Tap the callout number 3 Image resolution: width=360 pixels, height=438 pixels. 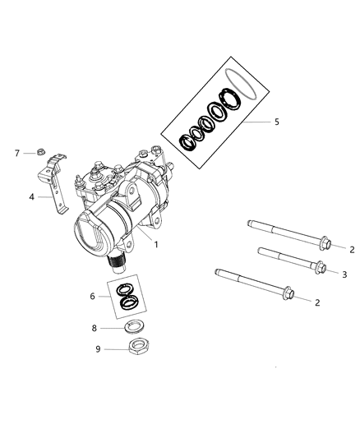pyautogui.click(x=345, y=274)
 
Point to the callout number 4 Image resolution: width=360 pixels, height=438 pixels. pyautogui.click(x=30, y=196)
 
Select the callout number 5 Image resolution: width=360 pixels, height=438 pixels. pyautogui.click(x=276, y=122)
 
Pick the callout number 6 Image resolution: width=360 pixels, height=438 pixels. pyautogui.click(x=93, y=294)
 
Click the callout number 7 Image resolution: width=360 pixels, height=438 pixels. pyautogui.click(x=16, y=153)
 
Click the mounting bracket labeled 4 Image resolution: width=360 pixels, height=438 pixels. pyautogui.click(x=53, y=185)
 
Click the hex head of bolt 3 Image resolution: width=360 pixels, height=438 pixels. pyautogui.click(x=321, y=268)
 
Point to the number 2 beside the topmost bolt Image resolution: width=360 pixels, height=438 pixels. pyautogui.click(x=350, y=249)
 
